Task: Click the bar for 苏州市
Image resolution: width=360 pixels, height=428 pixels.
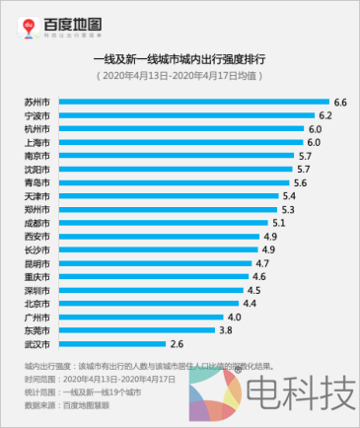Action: click(x=192, y=103)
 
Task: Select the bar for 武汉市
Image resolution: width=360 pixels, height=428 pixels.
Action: click(x=111, y=344)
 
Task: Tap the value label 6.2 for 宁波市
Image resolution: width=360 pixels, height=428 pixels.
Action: click(x=326, y=115)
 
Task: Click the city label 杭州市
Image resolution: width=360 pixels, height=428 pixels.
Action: click(x=37, y=129)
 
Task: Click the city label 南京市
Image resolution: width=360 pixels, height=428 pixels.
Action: click(x=37, y=156)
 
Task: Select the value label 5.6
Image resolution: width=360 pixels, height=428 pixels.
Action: click(x=301, y=183)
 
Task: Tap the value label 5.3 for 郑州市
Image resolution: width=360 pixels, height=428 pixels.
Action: click(x=288, y=210)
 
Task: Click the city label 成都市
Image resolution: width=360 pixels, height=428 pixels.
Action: click(x=37, y=223)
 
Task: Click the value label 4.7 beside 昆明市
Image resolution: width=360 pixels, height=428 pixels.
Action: click(x=262, y=264)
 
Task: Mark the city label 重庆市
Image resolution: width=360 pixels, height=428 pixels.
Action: click(x=37, y=277)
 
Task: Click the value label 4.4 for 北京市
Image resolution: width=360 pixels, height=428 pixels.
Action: click(x=250, y=304)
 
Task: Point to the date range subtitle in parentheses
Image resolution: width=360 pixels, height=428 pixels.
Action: click(x=180, y=76)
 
